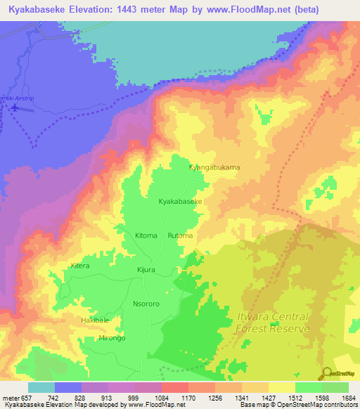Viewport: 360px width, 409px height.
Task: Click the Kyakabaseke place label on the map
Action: pyautogui.click(x=181, y=202)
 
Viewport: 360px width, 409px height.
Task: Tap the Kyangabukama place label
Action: pyautogui.click(x=214, y=168)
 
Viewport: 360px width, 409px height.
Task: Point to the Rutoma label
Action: pyautogui.click(x=180, y=235)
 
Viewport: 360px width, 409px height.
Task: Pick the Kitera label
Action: pyautogui.click(x=80, y=266)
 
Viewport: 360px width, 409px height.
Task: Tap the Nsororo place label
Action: pyautogui.click(x=147, y=304)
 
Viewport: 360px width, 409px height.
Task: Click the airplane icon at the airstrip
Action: pyautogui.click(x=13, y=108)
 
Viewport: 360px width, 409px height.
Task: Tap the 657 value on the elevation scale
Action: pyautogui.click(x=26, y=398)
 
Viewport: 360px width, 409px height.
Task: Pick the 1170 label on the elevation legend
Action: pyautogui.click(x=188, y=398)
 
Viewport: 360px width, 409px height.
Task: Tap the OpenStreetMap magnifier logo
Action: pyautogui.click(x=326, y=372)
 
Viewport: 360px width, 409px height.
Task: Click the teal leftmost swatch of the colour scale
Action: pyautogui.click(x=41, y=387)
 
